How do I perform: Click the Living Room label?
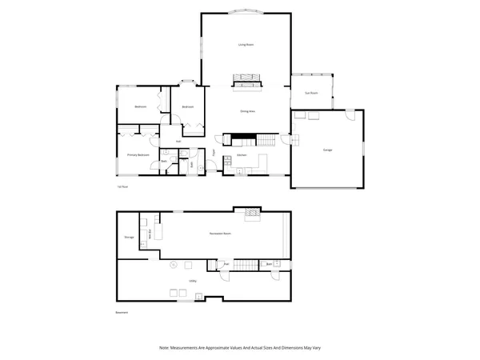click(246, 45)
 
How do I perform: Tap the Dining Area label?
click(247, 111)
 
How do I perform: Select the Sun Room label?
click(311, 93)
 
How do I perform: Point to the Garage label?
click(327, 150)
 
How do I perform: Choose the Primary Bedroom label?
click(138, 154)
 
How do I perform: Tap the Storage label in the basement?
click(129, 238)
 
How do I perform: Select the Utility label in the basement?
click(193, 280)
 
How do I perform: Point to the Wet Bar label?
click(150, 234)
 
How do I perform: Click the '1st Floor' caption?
click(123, 186)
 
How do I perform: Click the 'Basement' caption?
click(122, 312)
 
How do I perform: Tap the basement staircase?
click(247, 265)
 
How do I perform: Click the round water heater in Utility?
click(174, 263)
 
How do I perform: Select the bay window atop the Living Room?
click(246, 11)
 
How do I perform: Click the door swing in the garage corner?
click(349, 116)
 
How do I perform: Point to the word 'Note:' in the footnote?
click(164, 348)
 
